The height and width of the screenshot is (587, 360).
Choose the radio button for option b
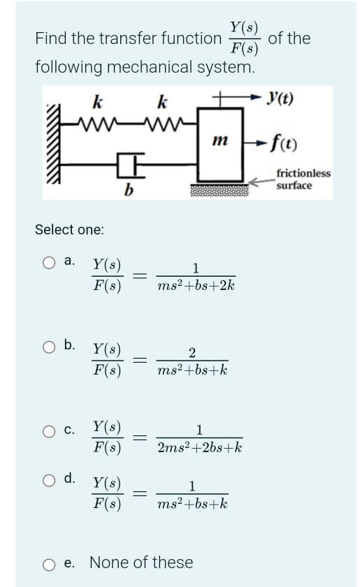(x=48, y=345)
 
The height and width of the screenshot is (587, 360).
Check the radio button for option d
(x=48, y=479)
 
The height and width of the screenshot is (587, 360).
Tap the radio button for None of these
(x=48, y=563)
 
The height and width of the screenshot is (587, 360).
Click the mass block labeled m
(x=221, y=143)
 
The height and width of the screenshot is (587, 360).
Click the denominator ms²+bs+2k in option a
(x=196, y=285)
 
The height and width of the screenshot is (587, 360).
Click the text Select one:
(x=69, y=229)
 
